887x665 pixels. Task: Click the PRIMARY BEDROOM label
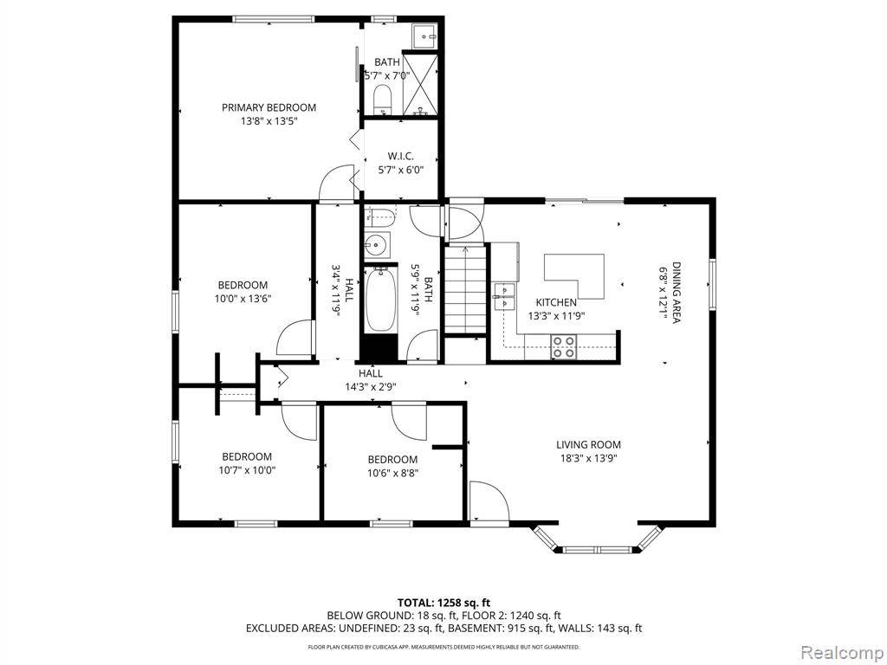(269, 107)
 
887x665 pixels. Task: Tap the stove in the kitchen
(564, 346)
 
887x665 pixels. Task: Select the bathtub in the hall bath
(379, 300)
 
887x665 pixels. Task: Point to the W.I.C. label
(400, 156)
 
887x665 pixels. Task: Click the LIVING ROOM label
(588, 444)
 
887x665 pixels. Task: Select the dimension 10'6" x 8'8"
(392, 473)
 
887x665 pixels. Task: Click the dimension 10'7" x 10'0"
(246, 470)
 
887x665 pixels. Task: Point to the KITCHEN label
(555, 302)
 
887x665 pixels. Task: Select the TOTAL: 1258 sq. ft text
(443, 602)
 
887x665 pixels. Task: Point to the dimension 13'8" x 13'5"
(269, 121)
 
